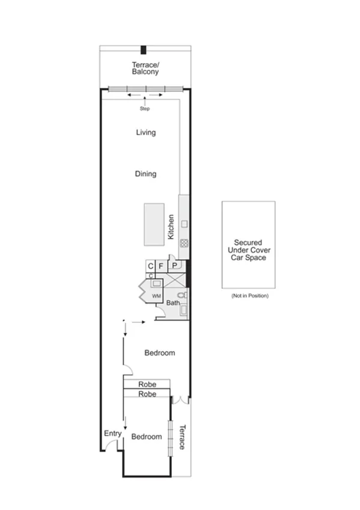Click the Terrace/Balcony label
coord(145,68)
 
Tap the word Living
coord(145,132)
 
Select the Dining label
coord(145,174)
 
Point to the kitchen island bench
coord(153,224)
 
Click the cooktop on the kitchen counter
coord(184,244)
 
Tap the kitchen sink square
coord(184,224)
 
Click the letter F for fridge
coord(161,265)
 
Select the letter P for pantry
coord(174,265)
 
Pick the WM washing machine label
coord(156,296)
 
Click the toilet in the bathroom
coord(183,295)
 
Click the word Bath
coord(173,303)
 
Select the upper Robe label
coord(147,384)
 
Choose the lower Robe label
coord(147,394)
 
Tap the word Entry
coord(112,433)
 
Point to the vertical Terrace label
coord(182,438)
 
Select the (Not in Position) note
coord(249,296)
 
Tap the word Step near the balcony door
coord(145,109)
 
